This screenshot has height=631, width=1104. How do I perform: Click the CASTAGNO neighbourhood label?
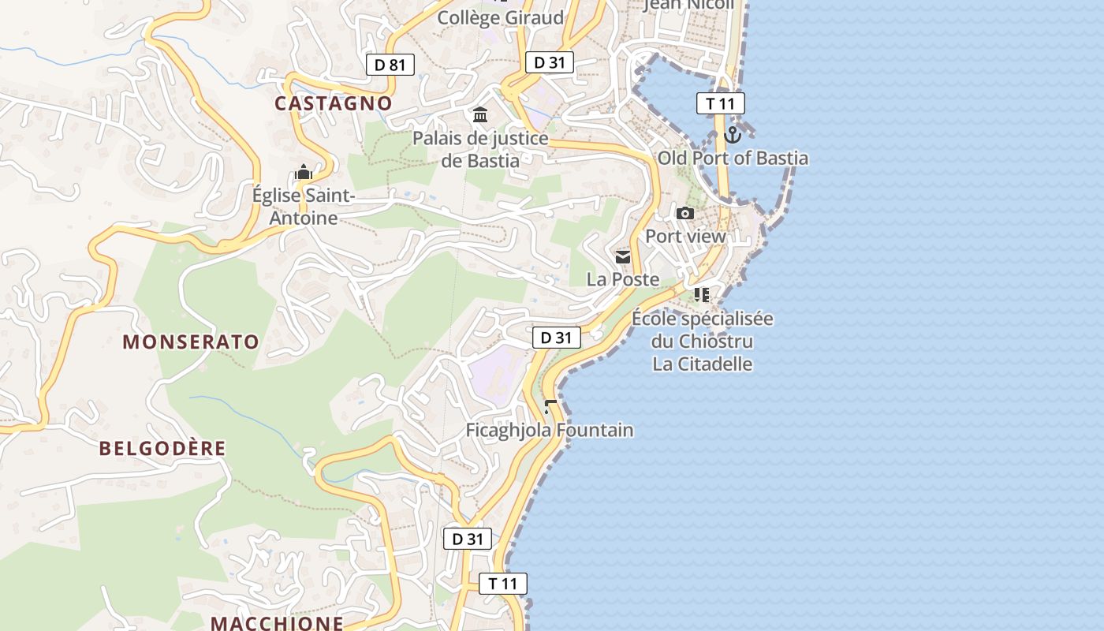coord(333,103)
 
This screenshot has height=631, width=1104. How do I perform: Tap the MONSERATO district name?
coord(191,342)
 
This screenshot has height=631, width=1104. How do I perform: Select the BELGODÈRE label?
coord(162,449)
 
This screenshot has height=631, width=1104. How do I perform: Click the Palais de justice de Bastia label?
coord(480,149)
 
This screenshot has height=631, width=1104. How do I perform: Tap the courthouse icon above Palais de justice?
coord(480,116)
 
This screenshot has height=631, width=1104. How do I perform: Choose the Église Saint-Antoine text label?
coord(304,206)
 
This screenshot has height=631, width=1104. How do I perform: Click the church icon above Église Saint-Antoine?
coord(304,172)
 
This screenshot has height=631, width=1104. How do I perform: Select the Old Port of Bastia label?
coord(733,158)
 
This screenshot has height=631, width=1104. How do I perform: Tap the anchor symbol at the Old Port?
coord(733,135)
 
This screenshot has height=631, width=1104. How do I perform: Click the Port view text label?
coord(685,236)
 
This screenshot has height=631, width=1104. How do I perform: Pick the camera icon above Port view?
coord(685,213)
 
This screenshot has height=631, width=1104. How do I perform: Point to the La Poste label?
coord(623,279)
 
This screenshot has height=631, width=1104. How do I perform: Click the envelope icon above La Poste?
coord(623,257)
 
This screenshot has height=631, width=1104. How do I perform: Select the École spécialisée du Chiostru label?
coord(702,330)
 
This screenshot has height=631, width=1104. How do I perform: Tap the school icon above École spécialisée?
coord(702,295)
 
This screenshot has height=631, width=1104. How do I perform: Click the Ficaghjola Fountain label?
coord(550,430)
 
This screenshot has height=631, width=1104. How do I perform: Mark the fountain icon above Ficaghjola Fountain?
coord(550,406)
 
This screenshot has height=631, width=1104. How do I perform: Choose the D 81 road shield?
coord(390,65)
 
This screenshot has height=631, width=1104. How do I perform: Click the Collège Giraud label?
coord(501,17)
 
